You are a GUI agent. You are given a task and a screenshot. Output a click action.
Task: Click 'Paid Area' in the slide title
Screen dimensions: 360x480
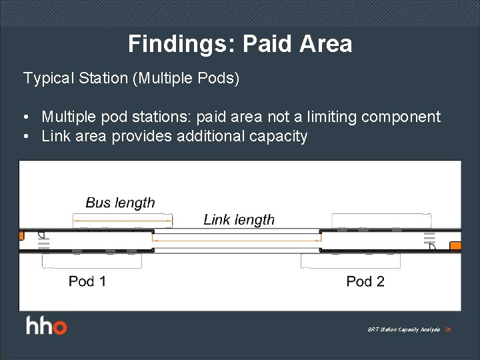pyautogui.click(x=297, y=44)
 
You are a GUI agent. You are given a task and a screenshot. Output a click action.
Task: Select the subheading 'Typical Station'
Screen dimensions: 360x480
pyautogui.click(x=75, y=78)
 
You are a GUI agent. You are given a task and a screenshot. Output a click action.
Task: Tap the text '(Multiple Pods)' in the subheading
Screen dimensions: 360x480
pyautogui.click(x=186, y=78)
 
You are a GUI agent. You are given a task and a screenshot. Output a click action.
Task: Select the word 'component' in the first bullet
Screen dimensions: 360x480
pyautogui.click(x=401, y=117)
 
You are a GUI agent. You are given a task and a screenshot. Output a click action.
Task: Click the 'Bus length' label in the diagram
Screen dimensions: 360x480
pyautogui.click(x=120, y=203)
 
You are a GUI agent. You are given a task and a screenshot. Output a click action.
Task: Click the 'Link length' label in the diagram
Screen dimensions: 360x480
pyautogui.click(x=239, y=219)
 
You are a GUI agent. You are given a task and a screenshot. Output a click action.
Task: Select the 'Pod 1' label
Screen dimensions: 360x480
pyautogui.click(x=87, y=281)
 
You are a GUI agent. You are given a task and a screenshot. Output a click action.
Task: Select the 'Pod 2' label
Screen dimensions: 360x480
pyautogui.click(x=365, y=281)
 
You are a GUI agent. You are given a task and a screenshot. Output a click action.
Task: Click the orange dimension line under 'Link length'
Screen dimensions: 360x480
pyautogui.click(x=237, y=239)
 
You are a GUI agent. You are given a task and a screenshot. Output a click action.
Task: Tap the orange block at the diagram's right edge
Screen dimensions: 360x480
pyautogui.click(x=455, y=246)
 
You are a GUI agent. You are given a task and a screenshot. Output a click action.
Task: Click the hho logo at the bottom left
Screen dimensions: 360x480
pyautogui.click(x=47, y=327)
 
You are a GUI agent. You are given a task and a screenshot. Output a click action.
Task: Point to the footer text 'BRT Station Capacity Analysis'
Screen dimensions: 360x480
pyautogui.click(x=403, y=329)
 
